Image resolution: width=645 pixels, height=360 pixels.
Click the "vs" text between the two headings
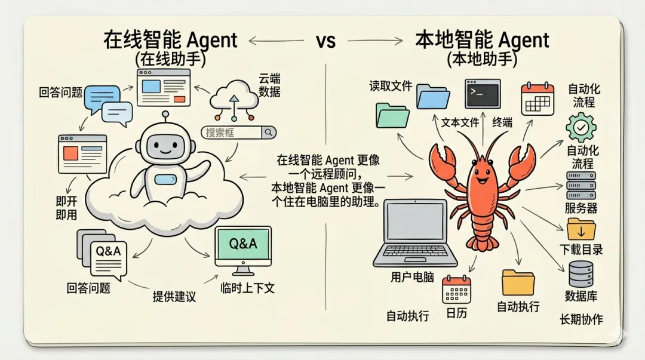click(325, 41)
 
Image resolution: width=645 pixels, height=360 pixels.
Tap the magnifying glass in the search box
click(269, 133)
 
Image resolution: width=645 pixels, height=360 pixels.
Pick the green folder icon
click(392, 115)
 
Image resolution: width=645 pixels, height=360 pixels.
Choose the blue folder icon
click(433, 97)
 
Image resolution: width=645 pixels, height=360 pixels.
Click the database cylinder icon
click(580, 274)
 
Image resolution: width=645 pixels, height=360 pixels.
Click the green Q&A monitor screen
click(243, 244)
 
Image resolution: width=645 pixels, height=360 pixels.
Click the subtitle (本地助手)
click(482, 60)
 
